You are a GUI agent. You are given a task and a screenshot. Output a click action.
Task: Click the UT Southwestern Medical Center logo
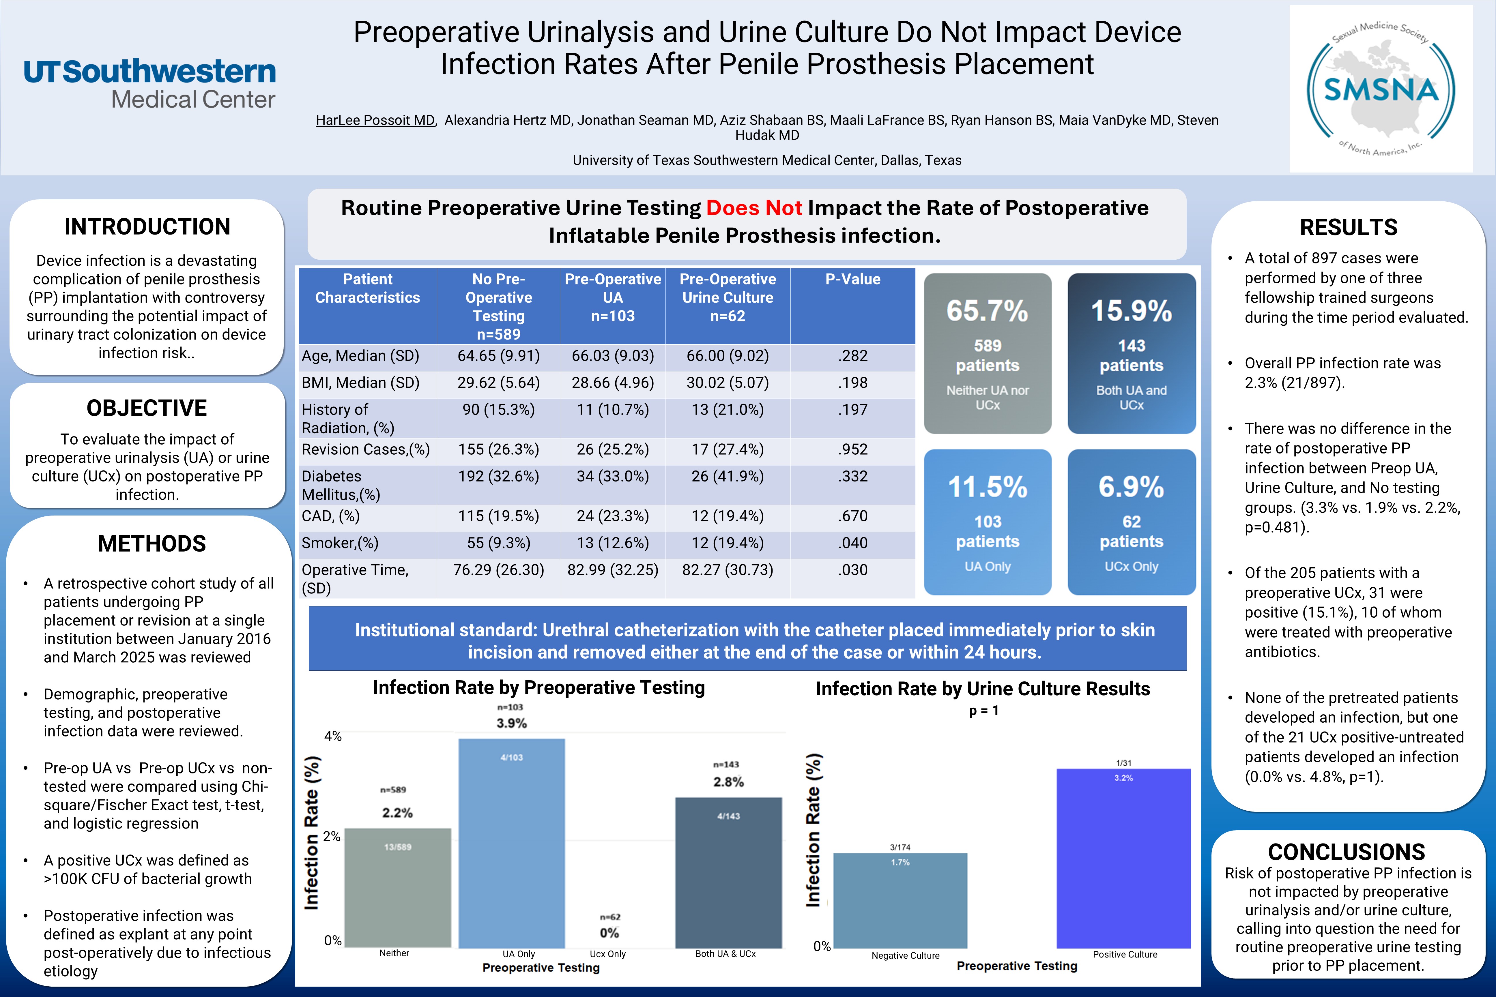(150, 84)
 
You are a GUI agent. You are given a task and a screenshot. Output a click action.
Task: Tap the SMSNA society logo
(1380, 89)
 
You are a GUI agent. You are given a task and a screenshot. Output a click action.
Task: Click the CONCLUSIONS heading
(1347, 851)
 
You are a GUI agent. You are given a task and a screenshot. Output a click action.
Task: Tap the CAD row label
(331, 516)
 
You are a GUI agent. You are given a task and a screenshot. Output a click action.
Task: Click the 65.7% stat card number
(987, 311)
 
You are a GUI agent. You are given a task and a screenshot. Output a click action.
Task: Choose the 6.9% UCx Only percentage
(1131, 487)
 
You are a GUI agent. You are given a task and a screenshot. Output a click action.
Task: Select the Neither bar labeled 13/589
(398, 887)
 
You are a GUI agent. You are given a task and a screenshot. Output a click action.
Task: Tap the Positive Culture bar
(1123, 859)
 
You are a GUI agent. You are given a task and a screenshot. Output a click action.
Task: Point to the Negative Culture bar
(900, 900)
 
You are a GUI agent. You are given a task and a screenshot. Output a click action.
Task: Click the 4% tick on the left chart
(333, 736)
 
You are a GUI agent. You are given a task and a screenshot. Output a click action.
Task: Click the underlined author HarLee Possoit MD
(375, 120)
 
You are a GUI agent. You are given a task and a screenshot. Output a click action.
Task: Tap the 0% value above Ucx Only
(609, 933)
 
